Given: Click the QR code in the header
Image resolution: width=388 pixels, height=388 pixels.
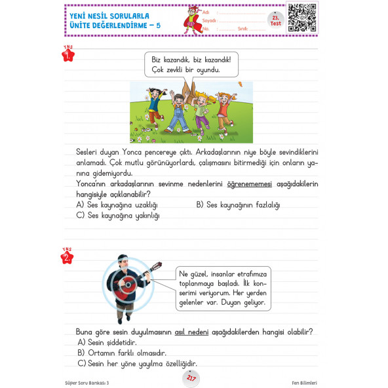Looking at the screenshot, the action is (x=302, y=17).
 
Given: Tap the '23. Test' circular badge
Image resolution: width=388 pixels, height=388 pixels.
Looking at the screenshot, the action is (x=275, y=19).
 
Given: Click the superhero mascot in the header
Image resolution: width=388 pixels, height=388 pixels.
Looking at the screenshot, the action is (x=192, y=20).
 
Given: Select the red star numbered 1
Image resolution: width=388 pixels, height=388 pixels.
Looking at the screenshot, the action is (x=68, y=55).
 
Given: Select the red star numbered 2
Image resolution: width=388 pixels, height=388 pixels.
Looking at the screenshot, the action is (x=67, y=258).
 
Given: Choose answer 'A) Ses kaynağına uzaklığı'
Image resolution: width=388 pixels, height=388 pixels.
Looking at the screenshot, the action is (x=117, y=205).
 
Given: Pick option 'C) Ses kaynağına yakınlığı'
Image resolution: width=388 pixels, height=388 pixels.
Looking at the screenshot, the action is (x=118, y=216).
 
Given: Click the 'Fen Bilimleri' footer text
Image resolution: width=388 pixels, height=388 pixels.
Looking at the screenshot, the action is (x=304, y=382).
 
